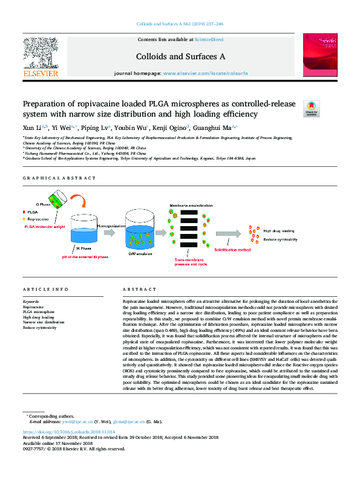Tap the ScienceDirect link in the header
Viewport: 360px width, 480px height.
[209, 39]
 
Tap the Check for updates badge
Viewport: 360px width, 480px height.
[311, 108]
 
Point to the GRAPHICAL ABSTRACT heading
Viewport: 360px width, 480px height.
[59, 178]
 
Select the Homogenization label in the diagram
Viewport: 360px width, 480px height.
[111, 225]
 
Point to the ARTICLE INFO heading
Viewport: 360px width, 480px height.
[45, 290]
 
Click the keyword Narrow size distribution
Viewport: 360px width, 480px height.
[44, 322]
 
